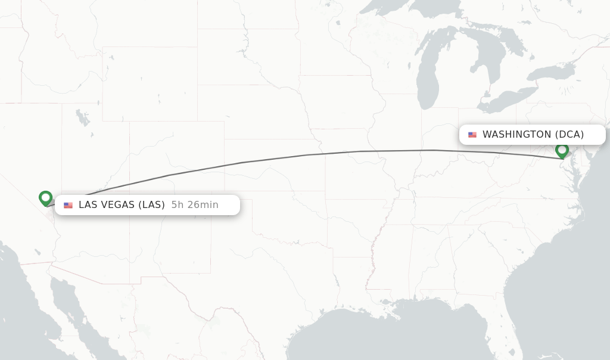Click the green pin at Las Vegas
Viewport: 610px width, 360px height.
point(45,198)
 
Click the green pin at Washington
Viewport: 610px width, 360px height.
point(562,150)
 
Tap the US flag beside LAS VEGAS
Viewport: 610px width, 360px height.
point(69,205)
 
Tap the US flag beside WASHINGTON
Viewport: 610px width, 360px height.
point(472,135)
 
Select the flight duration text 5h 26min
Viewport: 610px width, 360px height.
point(195,205)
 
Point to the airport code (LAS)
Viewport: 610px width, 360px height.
point(151,205)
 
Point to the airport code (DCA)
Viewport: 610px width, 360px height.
point(569,135)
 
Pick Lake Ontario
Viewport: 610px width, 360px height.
point(551,72)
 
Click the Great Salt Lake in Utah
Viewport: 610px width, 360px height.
point(83,117)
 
